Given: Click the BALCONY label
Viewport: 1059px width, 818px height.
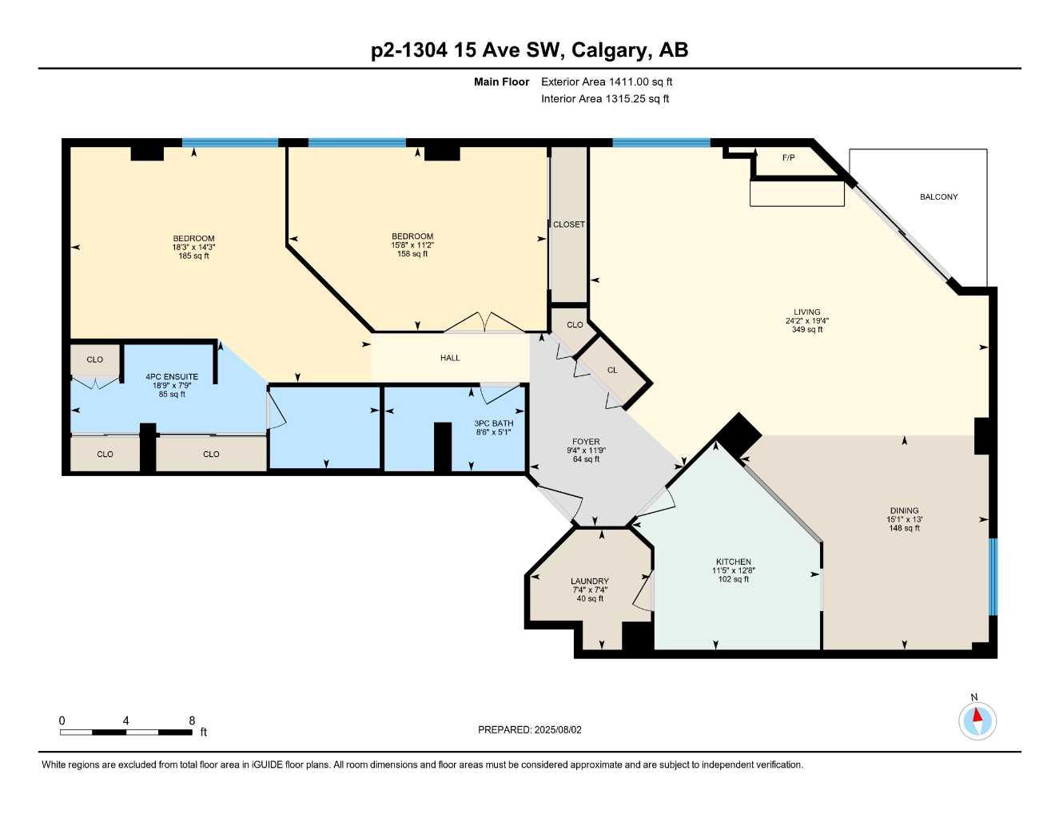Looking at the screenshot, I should [938, 197].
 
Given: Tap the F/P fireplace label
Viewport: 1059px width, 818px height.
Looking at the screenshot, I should [788, 157].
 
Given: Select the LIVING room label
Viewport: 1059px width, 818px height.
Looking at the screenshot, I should [806, 312].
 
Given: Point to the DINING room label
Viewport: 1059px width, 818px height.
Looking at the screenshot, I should [904, 510].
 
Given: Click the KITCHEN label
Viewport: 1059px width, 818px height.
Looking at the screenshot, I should [733, 562].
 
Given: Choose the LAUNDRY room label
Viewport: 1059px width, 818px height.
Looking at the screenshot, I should [590, 581].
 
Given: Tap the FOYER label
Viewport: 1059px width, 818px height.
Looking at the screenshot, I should [586, 442].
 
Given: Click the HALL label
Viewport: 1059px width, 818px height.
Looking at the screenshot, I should [450, 358].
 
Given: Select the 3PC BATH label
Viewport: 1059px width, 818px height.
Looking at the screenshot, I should [493, 423].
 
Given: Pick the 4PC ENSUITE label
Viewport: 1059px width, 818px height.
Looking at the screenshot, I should [172, 377].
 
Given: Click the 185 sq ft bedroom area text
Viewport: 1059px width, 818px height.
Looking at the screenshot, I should [193, 256].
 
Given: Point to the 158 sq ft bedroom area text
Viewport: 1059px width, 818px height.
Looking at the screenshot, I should [412, 254].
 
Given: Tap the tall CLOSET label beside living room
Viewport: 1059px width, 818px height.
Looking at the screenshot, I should [569, 224].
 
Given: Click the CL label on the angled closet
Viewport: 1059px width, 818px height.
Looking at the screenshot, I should [612, 370].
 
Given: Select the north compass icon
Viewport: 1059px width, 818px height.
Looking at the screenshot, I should [977, 721].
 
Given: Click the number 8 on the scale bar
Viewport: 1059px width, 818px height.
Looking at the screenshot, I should [192, 721].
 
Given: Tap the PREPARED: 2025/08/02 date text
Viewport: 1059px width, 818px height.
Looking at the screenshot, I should [530, 729].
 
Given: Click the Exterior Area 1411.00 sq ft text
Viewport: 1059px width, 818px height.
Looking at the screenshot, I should [607, 81].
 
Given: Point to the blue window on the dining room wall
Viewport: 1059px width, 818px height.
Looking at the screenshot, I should [993, 577].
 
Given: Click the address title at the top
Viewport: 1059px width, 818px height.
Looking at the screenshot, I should [529, 50].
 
